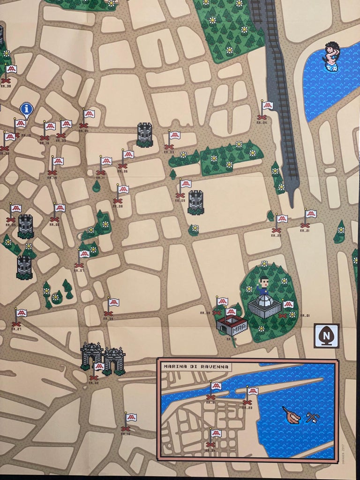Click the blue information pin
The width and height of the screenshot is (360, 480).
[27, 109]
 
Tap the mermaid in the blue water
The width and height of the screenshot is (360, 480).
[332, 56]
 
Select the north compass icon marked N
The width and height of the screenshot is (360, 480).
[326, 336]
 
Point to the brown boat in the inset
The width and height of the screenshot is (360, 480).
[291, 415]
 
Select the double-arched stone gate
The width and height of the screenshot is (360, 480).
[103, 357]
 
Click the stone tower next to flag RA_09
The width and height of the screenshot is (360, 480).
[195, 202]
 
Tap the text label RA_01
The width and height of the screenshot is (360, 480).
[305, 315]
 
